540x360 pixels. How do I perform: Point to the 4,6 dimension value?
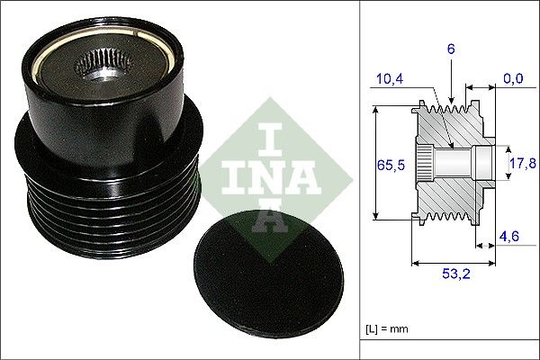[511, 238]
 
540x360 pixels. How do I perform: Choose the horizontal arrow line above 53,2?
[450, 264]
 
